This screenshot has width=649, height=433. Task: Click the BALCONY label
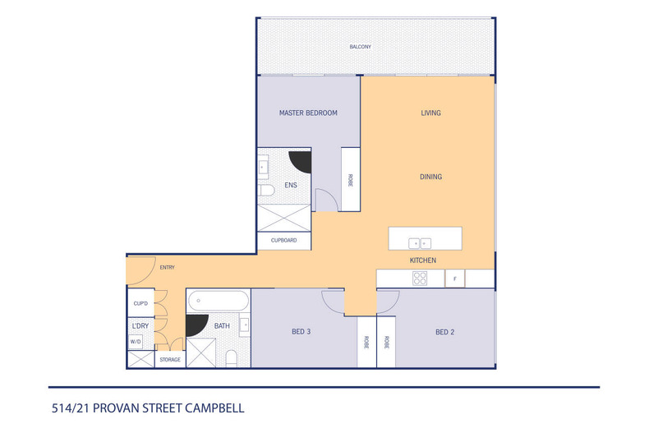point(360,47)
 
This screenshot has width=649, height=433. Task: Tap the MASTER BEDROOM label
point(308,113)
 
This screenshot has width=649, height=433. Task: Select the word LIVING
point(430,113)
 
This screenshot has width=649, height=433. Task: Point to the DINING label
point(430,177)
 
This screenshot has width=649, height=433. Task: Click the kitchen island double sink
point(420,242)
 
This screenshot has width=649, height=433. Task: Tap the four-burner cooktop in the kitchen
point(420,279)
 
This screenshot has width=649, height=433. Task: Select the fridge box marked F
point(454,279)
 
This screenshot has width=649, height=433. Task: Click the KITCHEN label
point(422,260)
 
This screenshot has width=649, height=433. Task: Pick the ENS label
point(291,186)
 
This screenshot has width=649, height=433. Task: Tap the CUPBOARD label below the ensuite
point(283,241)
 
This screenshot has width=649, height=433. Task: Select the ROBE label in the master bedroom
point(350,180)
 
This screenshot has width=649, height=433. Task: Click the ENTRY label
point(167,267)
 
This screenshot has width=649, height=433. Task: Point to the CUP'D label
point(140,304)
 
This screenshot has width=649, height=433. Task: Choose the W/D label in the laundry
point(136,341)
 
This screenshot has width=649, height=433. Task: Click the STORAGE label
point(170,359)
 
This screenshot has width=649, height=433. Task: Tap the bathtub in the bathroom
point(218,301)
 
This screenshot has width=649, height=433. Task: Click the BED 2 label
point(445,332)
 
